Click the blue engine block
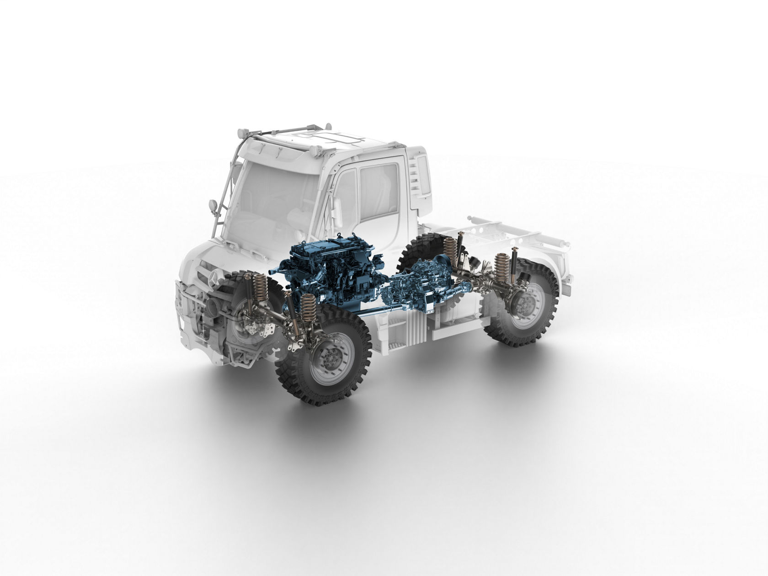click(315, 274)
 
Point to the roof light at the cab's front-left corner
click(242, 133)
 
